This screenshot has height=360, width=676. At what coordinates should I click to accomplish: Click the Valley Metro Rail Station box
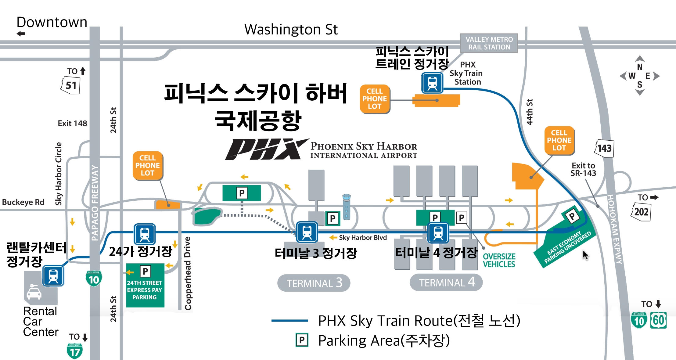tap(489, 43)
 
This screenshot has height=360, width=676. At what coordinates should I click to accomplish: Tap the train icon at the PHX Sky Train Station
tap(432, 83)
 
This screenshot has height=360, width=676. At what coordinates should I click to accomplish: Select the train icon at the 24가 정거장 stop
tap(145, 234)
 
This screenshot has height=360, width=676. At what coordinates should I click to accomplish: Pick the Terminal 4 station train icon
tap(438, 233)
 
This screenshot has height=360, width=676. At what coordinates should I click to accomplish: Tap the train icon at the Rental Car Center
tap(53, 276)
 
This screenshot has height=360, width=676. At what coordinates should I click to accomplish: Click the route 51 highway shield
tap(71, 85)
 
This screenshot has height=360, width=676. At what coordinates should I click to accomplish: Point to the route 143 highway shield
tap(604, 148)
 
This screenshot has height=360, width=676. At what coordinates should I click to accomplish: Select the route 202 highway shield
tap(641, 212)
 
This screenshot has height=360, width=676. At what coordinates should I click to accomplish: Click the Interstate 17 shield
tap(75, 351)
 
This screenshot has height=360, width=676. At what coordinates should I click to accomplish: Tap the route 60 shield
tap(658, 320)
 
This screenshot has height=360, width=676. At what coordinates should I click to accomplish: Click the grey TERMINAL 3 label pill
tap(314, 283)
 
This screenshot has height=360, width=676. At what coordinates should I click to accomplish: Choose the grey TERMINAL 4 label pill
tap(446, 283)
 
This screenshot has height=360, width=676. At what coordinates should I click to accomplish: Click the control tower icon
tap(347, 207)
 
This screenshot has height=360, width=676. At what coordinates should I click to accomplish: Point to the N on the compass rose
tap(640, 67)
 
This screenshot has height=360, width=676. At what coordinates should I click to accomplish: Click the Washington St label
tap(291, 30)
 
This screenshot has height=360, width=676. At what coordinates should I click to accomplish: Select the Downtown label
tap(52, 22)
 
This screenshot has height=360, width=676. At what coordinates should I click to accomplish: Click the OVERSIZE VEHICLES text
tap(499, 260)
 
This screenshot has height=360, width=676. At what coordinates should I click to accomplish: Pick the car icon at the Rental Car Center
tap(34, 292)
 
